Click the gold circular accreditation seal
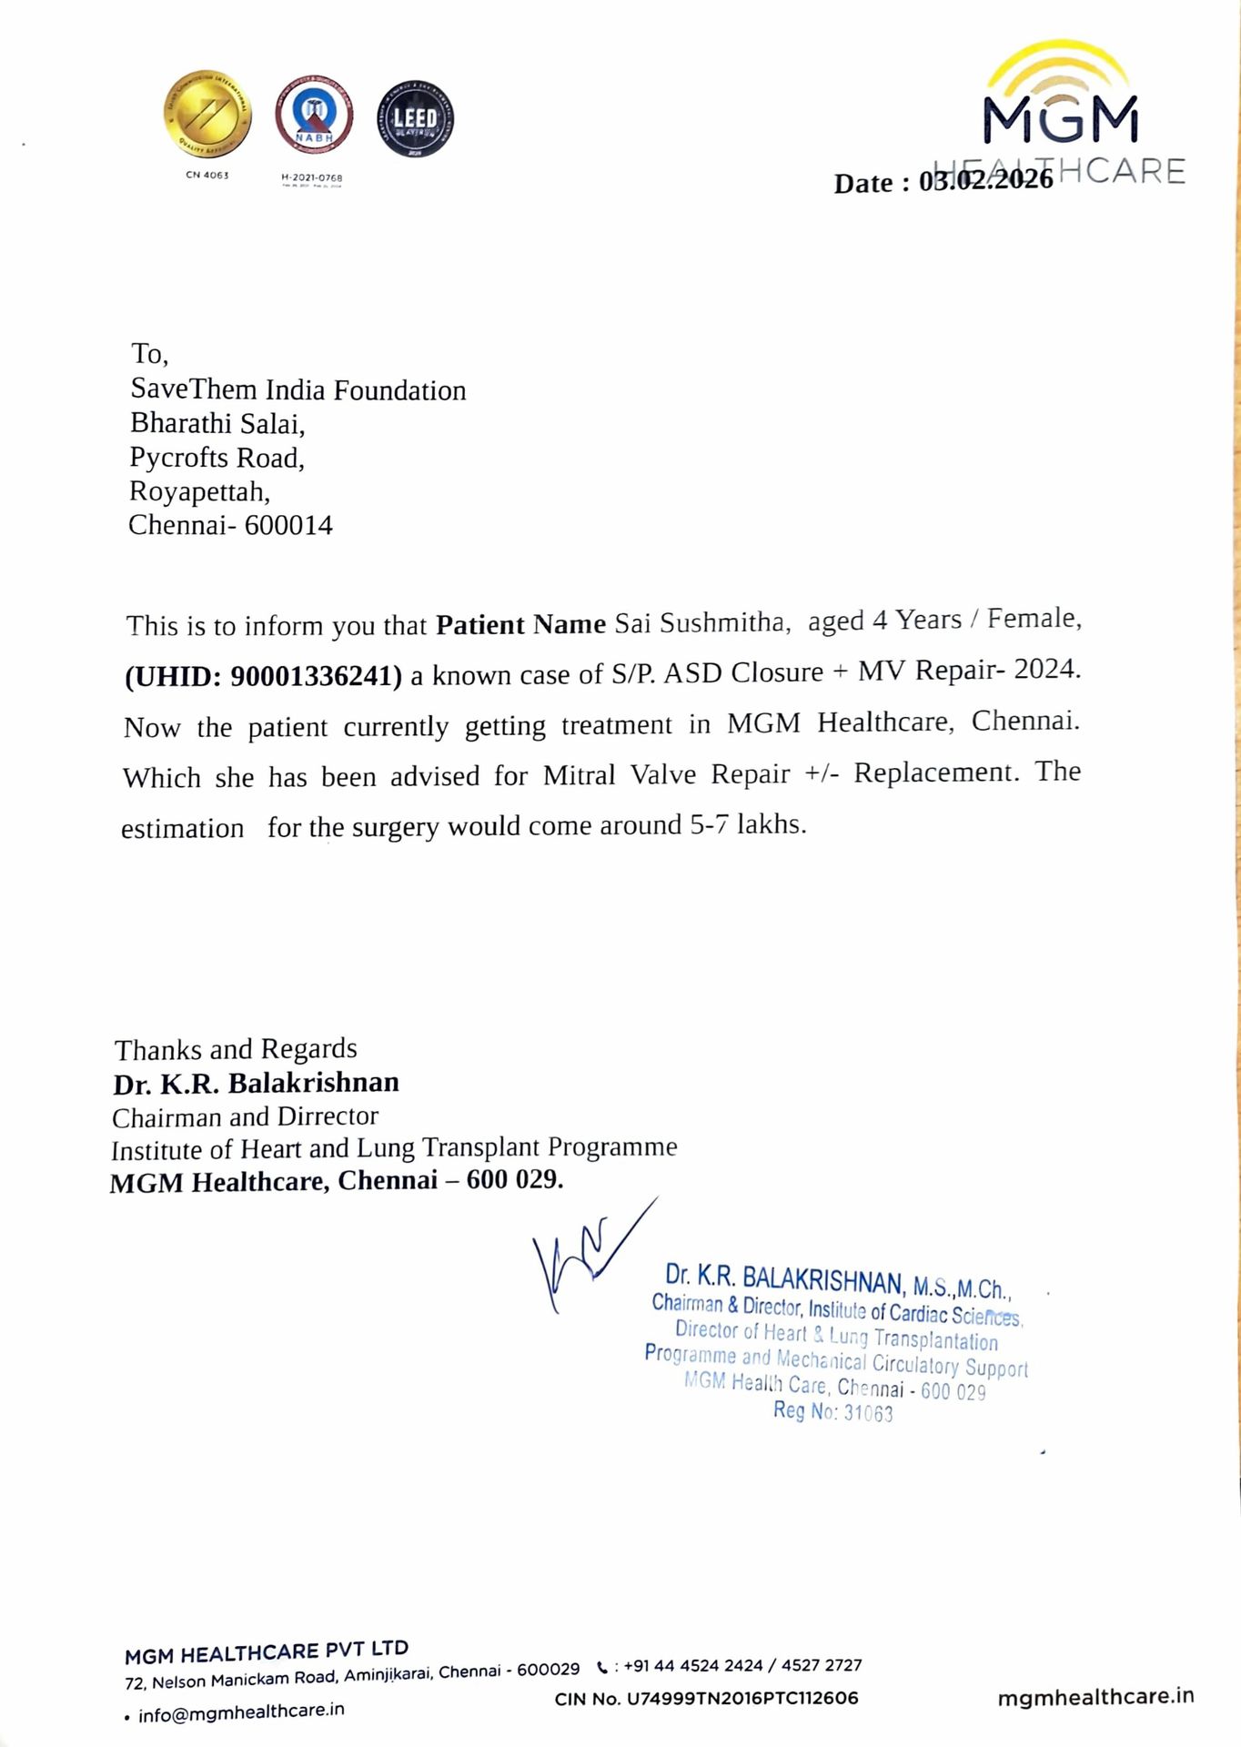[x=207, y=114]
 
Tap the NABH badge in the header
[x=314, y=114]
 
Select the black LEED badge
[x=415, y=118]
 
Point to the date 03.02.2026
[x=985, y=180]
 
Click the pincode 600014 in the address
[x=288, y=525]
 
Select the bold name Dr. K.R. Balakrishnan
[x=256, y=1083]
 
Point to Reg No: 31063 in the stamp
[x=832, y=1411]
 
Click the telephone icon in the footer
[x=602, y=1668]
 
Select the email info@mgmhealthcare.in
[x=241, y=1712]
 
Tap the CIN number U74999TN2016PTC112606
[x=742, y=1698]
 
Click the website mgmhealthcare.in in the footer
[x=1095, y=1697]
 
